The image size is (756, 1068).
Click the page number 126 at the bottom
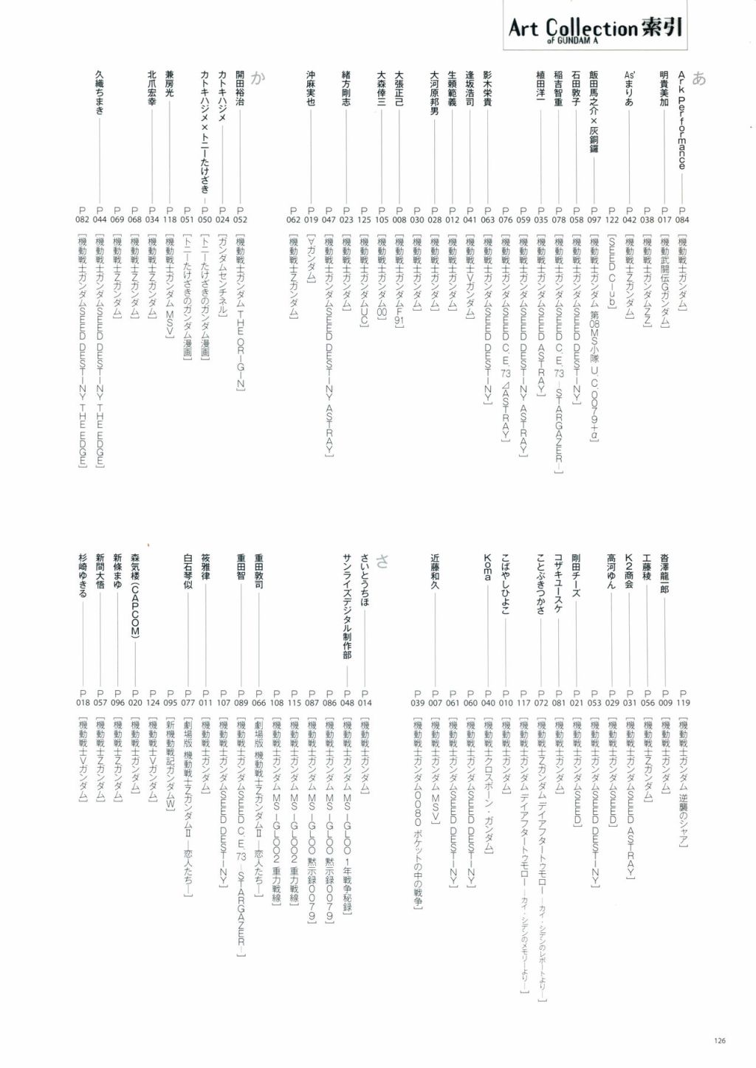tap(720, 1041)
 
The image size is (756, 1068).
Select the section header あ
tap(699, 79)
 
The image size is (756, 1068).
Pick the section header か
tap(257, 79)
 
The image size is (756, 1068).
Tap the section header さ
tap(382, 561)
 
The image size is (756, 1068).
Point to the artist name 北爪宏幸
tap(152, 89)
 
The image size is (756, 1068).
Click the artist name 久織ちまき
tap(99, 93)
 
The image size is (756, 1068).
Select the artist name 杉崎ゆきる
tap(82, 575)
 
